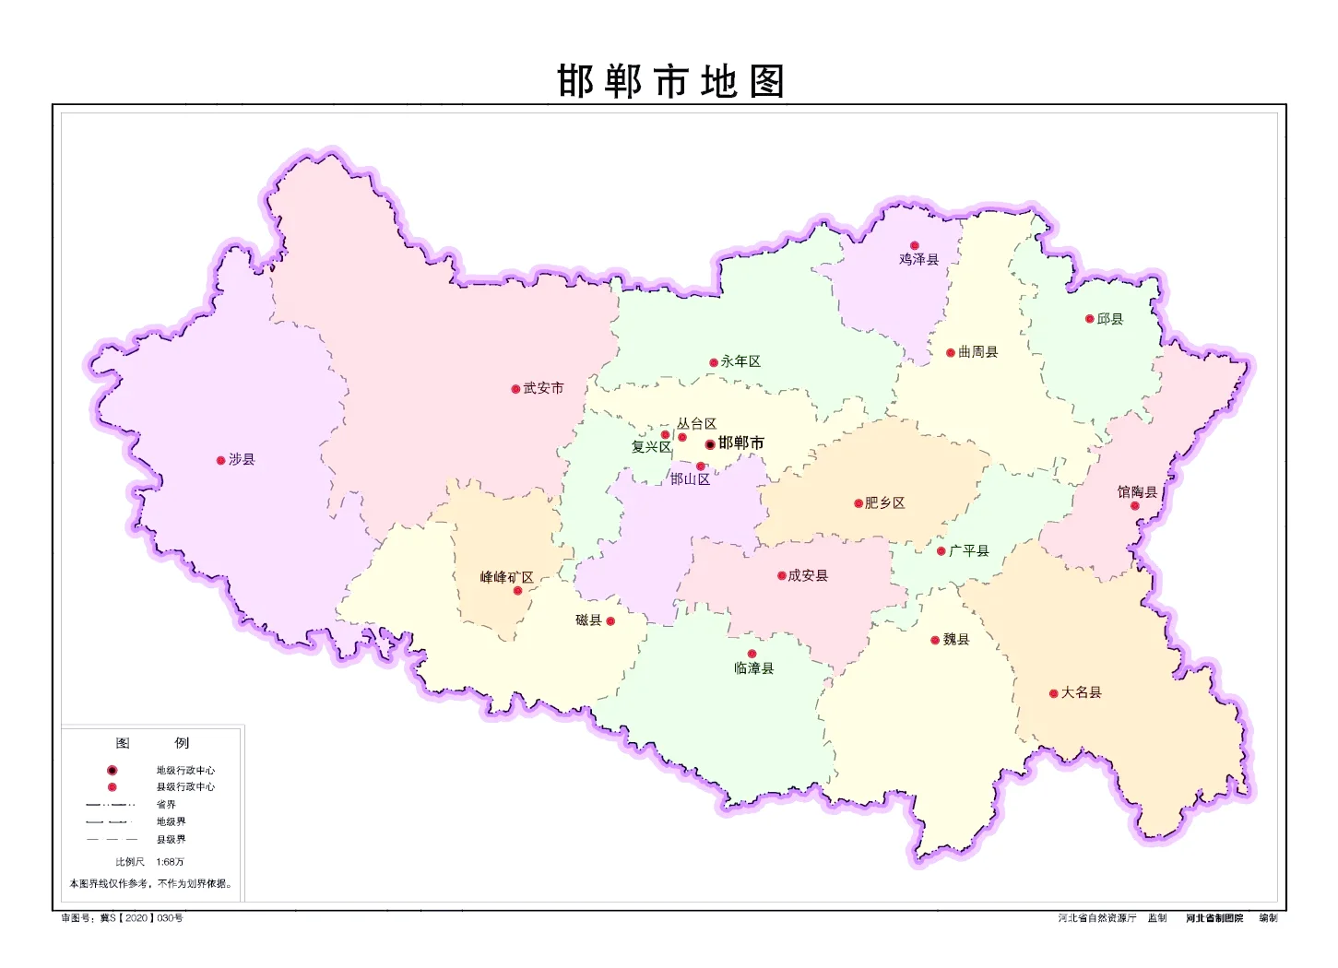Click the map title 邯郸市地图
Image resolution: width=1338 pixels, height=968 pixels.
pos(670,81)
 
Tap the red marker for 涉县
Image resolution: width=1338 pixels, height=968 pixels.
pos(220,460)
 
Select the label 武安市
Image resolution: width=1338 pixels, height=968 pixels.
pos(543,388)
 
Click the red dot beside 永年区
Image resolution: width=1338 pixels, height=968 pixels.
pos(713,362)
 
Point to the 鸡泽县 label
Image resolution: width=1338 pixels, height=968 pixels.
pos(918,260)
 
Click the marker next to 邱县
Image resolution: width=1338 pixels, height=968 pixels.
pos(1089,319)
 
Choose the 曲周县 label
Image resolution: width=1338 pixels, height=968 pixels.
pos(977,351)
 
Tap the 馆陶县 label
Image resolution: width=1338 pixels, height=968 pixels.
pos(1136,491)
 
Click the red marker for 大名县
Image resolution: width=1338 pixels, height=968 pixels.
pos(1053,693)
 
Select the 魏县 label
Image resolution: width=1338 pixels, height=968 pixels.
pos(955,639)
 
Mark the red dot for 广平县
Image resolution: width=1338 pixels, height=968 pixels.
pos(941,551)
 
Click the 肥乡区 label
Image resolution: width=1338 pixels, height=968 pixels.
pos(884,502)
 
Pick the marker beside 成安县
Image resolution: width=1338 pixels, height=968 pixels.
pos(781,576)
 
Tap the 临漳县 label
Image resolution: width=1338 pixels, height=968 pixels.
pos(753,668)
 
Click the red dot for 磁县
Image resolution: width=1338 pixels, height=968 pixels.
pos(610,621)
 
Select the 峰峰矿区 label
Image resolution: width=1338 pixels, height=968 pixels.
pos(506,577)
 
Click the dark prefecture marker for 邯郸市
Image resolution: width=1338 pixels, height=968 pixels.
pos(710,444)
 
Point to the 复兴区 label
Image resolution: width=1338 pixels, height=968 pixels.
pos(651,447)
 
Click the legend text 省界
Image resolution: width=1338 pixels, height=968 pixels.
pos(166,804)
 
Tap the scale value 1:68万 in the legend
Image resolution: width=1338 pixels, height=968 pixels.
pos(170,862)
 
